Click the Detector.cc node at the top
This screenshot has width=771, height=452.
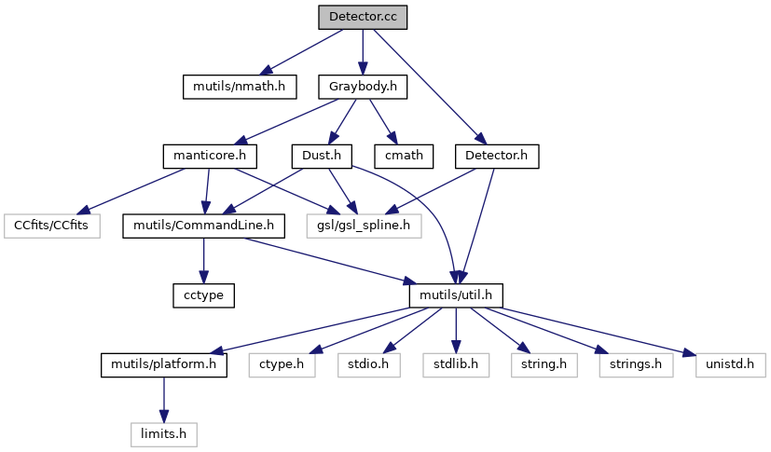pos(362,18)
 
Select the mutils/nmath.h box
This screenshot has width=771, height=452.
pos(239,87)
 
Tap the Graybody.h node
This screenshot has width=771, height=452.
pos(364,87)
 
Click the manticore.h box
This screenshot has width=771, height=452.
pos(210,156)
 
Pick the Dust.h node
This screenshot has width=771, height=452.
pos(321,156)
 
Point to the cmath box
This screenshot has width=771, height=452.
pos(404,156)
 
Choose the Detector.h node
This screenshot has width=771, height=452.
pos(498,156)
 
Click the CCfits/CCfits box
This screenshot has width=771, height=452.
pos(52,225)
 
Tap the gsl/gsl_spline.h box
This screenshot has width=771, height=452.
pos(364,225)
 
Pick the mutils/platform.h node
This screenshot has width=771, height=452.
pos(163,363)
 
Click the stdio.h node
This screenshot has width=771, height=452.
pos(368,363)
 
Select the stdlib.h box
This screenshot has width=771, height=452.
pos(455,363)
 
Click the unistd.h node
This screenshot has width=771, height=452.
pos(730,363)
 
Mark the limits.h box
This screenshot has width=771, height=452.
pos(164,432)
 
